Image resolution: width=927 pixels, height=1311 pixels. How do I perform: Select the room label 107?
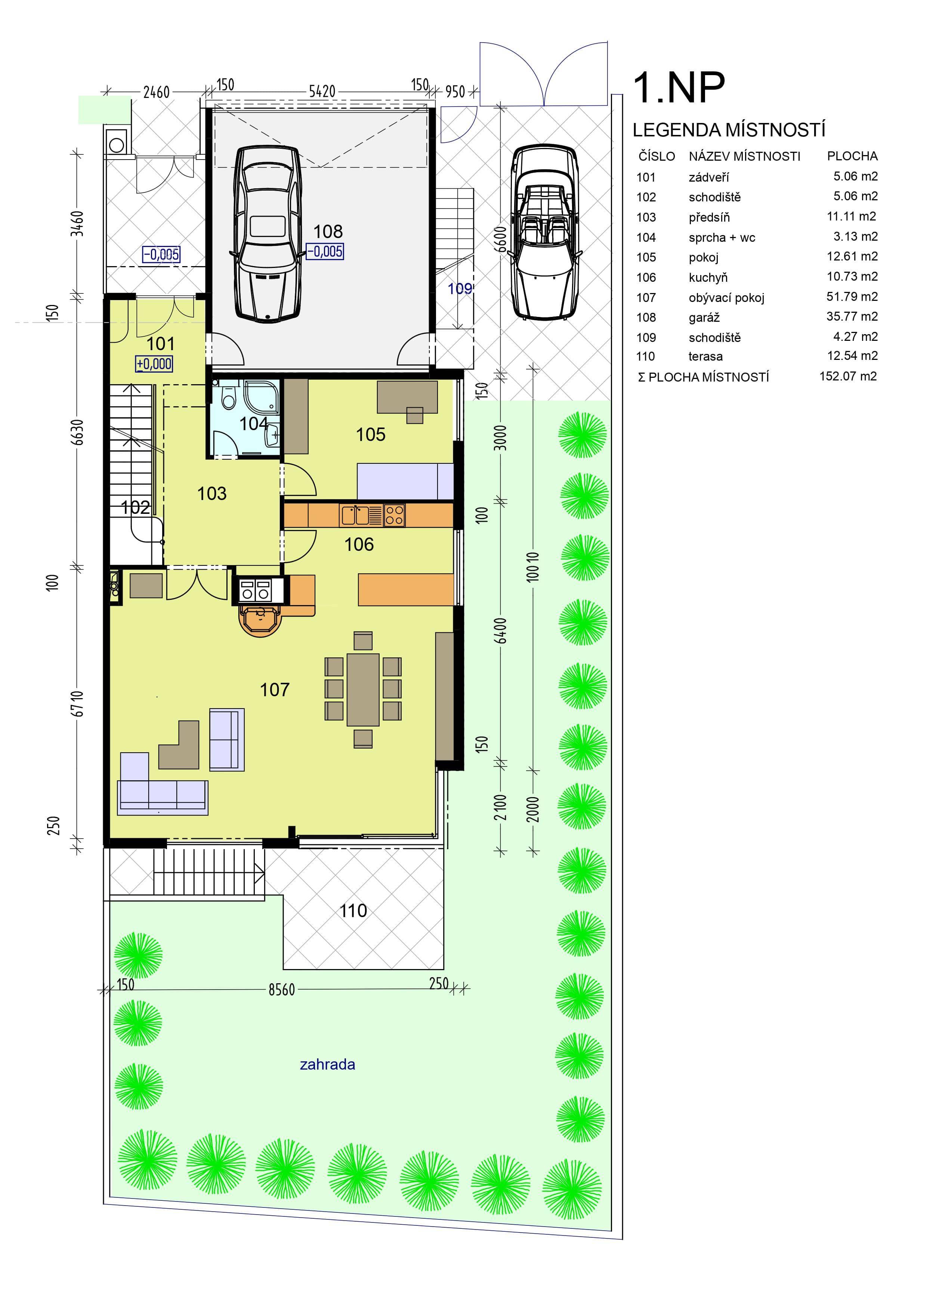(275, 690)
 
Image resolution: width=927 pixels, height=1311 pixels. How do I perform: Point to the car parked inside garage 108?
(267, 232)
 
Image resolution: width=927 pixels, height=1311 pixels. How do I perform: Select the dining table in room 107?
(363, 690)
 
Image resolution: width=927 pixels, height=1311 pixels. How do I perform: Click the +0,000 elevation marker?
(154, 364)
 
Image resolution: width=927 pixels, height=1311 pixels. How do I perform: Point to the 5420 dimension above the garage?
(322, 91)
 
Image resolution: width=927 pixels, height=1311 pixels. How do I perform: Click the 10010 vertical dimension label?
(532, 567)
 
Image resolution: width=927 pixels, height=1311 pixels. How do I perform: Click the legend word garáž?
(704, 317)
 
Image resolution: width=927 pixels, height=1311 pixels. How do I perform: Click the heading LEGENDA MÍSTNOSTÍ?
(729, 130)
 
